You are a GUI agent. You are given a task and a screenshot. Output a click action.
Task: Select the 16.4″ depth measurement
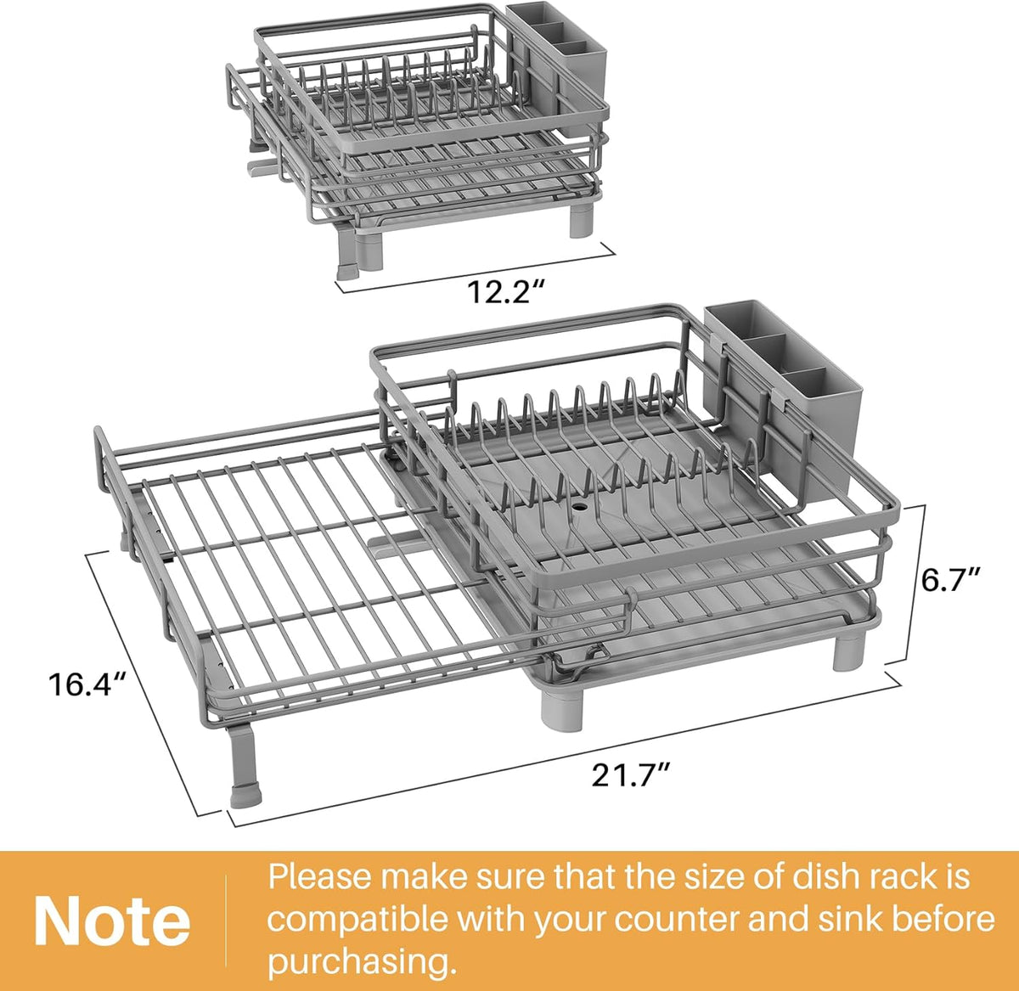pyautogui.click(x=87, y=684)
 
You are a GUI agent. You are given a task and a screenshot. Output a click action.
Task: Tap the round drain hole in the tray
pyautogui.click(x=579, y=508)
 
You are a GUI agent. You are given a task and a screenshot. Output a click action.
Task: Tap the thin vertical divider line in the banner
pyautogui.click(x=226, y=921)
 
